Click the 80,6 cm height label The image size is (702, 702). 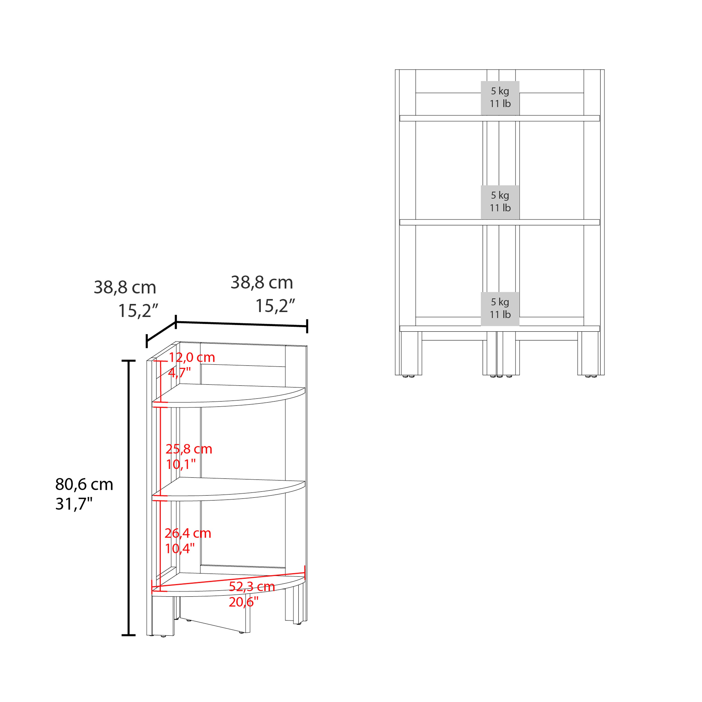(x=84, y=484)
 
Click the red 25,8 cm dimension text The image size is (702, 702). (x=189, y=449)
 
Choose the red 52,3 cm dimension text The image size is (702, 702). (x=252, y=586)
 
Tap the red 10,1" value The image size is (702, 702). (x=181, y=464)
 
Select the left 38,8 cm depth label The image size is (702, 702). (x=125, y=287)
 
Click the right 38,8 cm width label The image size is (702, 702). (x=262, y=282)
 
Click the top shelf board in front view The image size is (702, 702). (x=500, y=118)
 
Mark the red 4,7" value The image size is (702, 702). (x=179, y=373)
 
